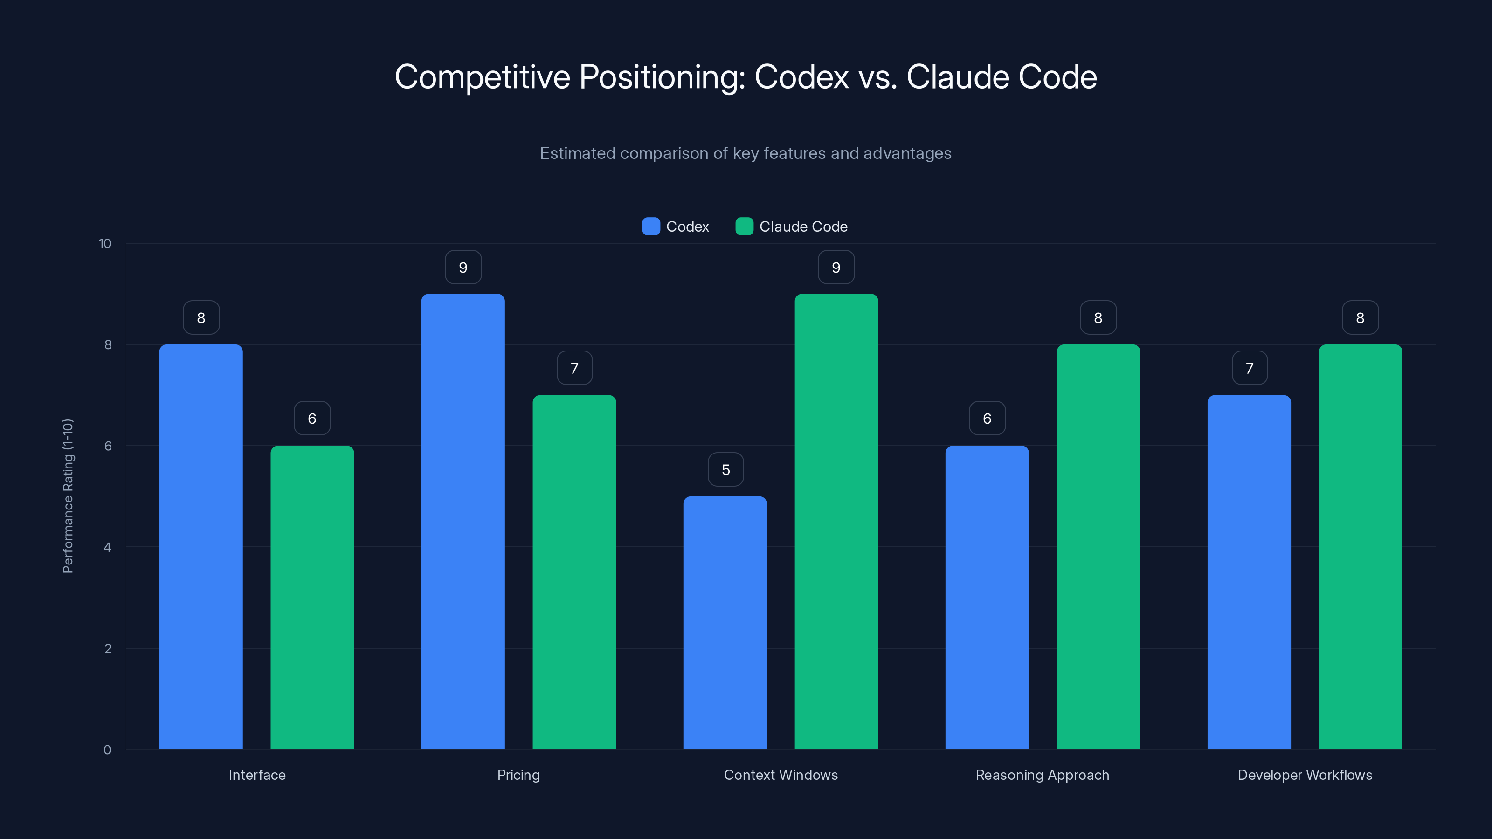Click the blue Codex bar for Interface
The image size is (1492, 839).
point(201,547)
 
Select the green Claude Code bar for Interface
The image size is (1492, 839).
point(312,598)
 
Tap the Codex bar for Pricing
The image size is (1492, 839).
point(463,521)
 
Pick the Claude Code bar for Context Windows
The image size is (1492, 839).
point(836,521)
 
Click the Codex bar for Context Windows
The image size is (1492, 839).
point(725,622)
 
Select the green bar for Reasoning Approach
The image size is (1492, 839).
point(1098,547)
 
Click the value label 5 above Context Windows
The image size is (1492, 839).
point(726,469)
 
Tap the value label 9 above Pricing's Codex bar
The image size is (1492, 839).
point(463,268)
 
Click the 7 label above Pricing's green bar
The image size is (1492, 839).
point(574,368)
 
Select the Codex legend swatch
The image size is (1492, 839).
point(651,227)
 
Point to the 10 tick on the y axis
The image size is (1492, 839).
point(105,244)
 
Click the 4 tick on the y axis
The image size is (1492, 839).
point(107,547)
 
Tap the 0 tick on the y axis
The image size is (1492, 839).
point(107,750)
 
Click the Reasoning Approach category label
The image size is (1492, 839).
point(1042,775)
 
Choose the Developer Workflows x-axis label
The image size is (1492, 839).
point(1305,775)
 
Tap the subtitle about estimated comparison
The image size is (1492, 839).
point(746,153)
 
